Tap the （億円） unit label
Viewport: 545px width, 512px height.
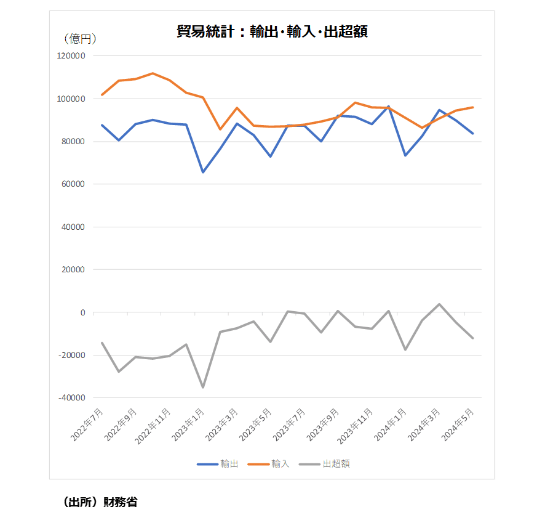(80, 39)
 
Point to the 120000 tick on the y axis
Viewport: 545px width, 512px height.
(71, 56)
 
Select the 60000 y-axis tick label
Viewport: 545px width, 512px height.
(73, 184)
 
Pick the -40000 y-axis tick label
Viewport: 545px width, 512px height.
(71, 398)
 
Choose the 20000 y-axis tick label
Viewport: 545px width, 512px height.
(73, 270)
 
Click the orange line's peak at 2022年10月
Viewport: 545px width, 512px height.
(153, 73)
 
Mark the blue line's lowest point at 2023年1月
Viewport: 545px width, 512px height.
(203, 172)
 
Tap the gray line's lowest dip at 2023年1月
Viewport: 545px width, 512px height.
(203, 387)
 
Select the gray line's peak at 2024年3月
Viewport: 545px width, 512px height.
(439, 304)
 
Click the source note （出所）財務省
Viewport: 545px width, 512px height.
(100, 502)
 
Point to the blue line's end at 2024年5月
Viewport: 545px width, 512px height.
(472, 133)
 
